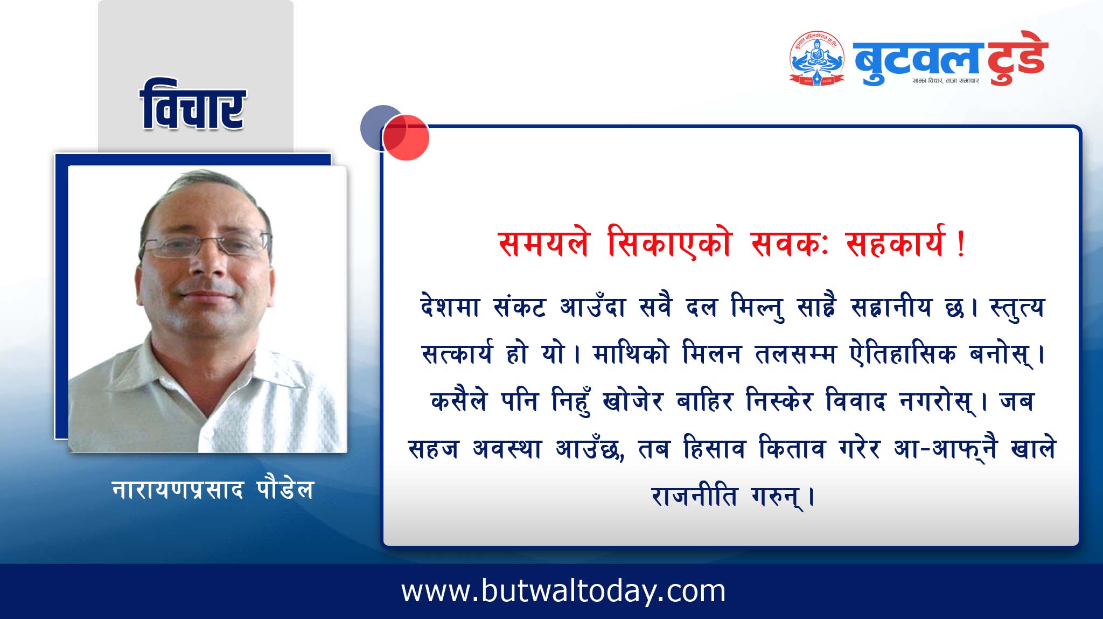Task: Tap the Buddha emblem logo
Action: coord(817,58)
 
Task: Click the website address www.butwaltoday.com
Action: coord(563,591)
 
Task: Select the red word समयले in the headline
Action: coord(544,244)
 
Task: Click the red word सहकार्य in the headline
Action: coord(895,244)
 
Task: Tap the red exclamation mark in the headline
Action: coord(961,245)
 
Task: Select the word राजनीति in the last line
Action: coord(694,495)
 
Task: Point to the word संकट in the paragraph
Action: coord(520,307)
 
